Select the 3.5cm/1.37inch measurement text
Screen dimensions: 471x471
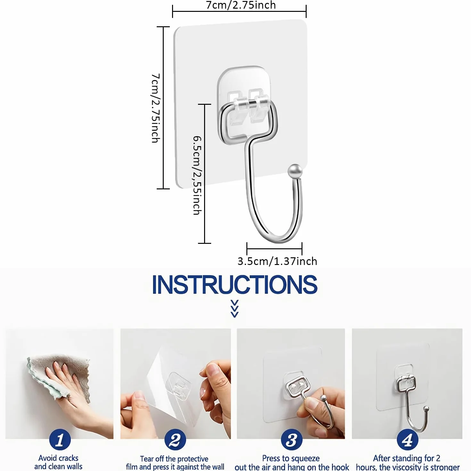point(277,261)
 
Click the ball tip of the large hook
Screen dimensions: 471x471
point(295,171)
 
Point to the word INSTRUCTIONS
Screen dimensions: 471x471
point(235,285)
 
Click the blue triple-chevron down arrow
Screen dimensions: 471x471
point(235,309)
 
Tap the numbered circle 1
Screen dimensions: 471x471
point(60,440)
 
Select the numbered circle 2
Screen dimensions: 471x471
point(175,440)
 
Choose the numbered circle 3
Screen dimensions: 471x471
point(291,440)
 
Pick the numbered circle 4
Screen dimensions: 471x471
point(407,440)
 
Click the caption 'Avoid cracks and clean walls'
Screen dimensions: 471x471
point(58,462)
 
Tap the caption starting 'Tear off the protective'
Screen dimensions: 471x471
point(175,462)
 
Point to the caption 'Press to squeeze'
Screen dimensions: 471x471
point(291,458)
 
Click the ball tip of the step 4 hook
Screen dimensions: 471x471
point(426,408)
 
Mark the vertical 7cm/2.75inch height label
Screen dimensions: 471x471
point(156,108)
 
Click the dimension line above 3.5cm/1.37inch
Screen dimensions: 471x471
point(275,249)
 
